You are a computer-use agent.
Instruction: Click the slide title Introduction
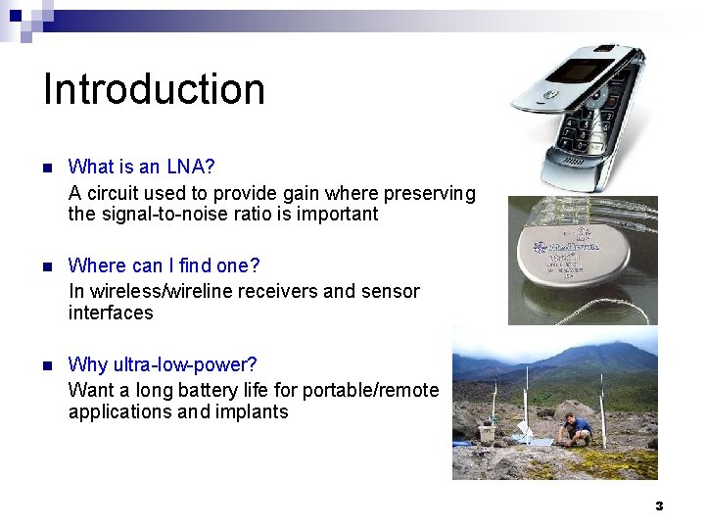click(x=154, y=89)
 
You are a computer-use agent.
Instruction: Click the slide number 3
click(x=659, y=505)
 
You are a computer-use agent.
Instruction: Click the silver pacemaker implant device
click(x=582, y=260)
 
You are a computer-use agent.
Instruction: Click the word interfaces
click(x=111, y=313)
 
